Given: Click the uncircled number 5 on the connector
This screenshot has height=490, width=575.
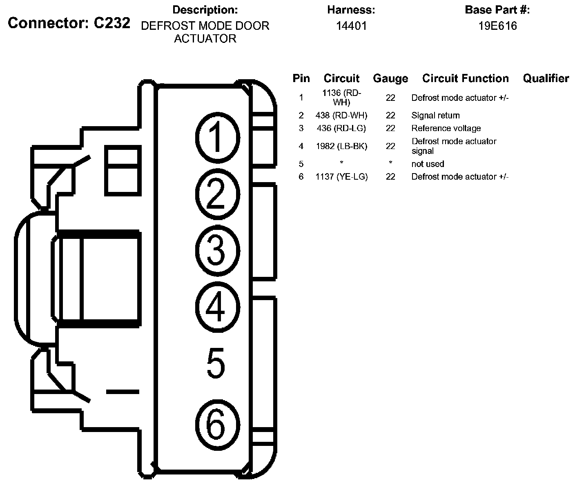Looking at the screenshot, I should click(216, 363).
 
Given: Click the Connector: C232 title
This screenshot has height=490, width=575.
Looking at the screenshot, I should click(69, 23).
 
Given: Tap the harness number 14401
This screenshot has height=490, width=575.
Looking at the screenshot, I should click(351, 26).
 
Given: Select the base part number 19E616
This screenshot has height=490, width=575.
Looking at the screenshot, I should click(497, 26).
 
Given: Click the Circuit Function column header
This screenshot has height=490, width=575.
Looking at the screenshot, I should click(465, 78).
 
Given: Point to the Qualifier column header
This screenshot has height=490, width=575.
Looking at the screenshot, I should click(546, 78).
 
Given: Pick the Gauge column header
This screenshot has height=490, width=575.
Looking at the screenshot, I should click(390, 78).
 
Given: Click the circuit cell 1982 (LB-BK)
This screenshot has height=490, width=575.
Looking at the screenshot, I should click(341, 146).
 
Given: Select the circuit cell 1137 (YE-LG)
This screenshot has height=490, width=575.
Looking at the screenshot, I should click(341, 177).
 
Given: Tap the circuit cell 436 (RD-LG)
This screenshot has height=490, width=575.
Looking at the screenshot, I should click(341, 128).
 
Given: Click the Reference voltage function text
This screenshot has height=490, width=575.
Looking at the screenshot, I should click(446, 128).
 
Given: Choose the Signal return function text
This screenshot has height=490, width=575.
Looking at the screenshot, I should click(435, 116).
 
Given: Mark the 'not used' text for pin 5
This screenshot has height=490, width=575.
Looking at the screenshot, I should click(428, 164).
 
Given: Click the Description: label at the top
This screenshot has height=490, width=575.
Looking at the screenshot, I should click(205, 10).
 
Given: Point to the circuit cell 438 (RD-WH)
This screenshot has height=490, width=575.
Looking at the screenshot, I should click(341, 116).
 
